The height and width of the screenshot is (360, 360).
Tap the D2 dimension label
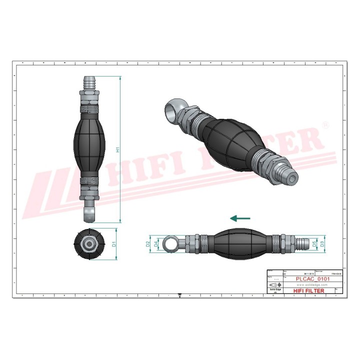point(148,244)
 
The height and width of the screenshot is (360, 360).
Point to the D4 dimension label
point(156,244)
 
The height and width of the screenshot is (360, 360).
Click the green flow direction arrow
point(240,218)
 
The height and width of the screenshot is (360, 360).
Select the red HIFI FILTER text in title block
point(308,290)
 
